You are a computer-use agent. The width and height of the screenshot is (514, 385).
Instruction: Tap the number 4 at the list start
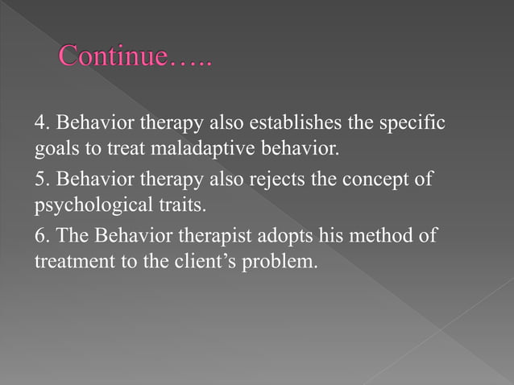[x=38, y=125]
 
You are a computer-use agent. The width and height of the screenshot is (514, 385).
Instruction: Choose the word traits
[x=176, y=203]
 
